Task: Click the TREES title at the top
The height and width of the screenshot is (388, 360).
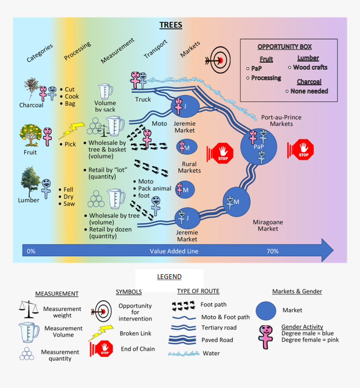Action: (171, 25)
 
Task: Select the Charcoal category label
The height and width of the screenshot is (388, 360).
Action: (31, 105)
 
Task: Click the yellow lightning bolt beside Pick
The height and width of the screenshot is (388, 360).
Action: (71, 130)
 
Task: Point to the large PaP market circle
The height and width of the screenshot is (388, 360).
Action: (259, 147)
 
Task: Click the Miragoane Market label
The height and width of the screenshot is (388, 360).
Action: (268, 225)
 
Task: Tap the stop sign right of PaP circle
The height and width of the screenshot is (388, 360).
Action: (302, 150)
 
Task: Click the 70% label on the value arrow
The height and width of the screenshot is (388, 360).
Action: (273, 251)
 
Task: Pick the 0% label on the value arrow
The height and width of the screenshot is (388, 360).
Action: (31, 251)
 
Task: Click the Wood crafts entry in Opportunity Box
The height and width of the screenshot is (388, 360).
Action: (310, 67)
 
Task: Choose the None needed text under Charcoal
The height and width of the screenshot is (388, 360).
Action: (309, 91)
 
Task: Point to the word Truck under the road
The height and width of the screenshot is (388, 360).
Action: (143, 100)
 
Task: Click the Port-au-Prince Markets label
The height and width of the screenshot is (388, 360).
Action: (281, 120)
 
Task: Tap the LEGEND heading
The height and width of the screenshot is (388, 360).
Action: (169, 277)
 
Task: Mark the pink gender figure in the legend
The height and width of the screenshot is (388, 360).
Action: (266, 336)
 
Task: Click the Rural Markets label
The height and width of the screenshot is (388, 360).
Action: (189, 167)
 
